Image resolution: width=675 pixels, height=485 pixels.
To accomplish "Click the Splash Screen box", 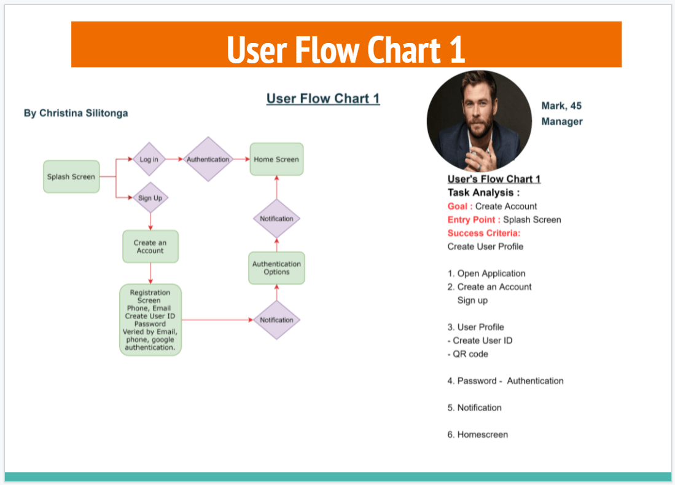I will tap(71, 177).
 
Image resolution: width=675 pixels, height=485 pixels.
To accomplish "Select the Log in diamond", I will tap(149, 160).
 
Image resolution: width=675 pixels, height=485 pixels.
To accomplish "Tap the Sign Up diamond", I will tap(150, 198).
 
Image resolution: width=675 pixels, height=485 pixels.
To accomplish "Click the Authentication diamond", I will tap(208, 160).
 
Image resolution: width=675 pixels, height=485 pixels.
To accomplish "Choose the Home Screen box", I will tap(276, 160).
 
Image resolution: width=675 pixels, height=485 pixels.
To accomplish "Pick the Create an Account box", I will tap(150, 246).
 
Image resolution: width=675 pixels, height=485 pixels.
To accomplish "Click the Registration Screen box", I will tap(150, 320).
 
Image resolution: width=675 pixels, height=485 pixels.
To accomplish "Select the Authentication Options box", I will tap(276, 268).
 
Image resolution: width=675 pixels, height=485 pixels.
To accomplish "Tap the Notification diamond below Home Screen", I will tap(276, 219).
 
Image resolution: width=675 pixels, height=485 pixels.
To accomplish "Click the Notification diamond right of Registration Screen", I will tap(276, 320).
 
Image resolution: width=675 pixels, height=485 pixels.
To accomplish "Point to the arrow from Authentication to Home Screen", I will tap(241, 160).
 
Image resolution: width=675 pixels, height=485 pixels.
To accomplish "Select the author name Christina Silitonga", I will tap(76, 113).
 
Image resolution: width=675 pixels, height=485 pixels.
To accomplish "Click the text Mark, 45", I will tap(561, 106).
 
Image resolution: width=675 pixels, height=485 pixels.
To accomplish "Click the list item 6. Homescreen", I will tap(477, 435).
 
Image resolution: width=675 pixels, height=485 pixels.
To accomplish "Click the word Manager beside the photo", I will tap(562, 122).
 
